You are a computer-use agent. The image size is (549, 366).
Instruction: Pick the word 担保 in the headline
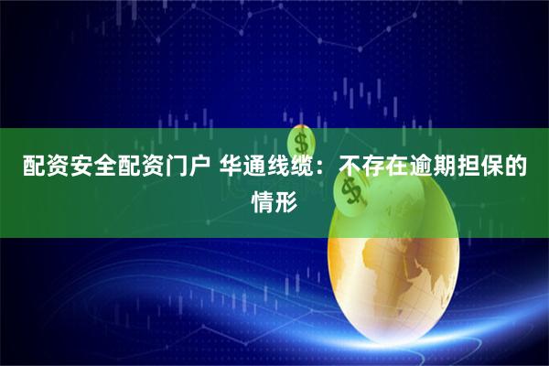point(490,167)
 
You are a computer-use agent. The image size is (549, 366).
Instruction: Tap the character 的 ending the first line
point(527,167)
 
